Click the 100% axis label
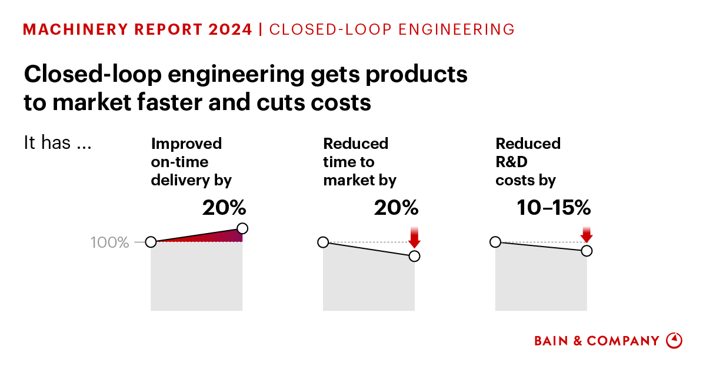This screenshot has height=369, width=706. tap(110, 242)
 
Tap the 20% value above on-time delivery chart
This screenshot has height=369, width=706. tap(224, 208)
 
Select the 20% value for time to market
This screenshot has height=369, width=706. tap(396, 208)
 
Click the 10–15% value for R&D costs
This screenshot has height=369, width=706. tap(554, 208)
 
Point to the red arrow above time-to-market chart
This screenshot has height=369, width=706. tap(414, 237)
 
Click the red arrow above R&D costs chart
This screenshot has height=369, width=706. tap(587, 234)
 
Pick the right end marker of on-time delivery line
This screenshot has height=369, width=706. tap(242, 228)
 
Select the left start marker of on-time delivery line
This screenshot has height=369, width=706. tap(151, 242)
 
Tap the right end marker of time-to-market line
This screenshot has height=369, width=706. tap(414, 255)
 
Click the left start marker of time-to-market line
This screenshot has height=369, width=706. tap(323, 242)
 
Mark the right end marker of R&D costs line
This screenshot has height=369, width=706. tap(587, 251)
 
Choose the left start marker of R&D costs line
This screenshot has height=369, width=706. tap(495, 242)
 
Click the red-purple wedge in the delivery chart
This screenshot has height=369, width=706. tap(227, 237)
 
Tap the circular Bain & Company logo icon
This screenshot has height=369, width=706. tap(674, 341)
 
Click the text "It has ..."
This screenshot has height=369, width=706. tap(57, 143)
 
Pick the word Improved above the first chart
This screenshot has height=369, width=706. tap(187, 144)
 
